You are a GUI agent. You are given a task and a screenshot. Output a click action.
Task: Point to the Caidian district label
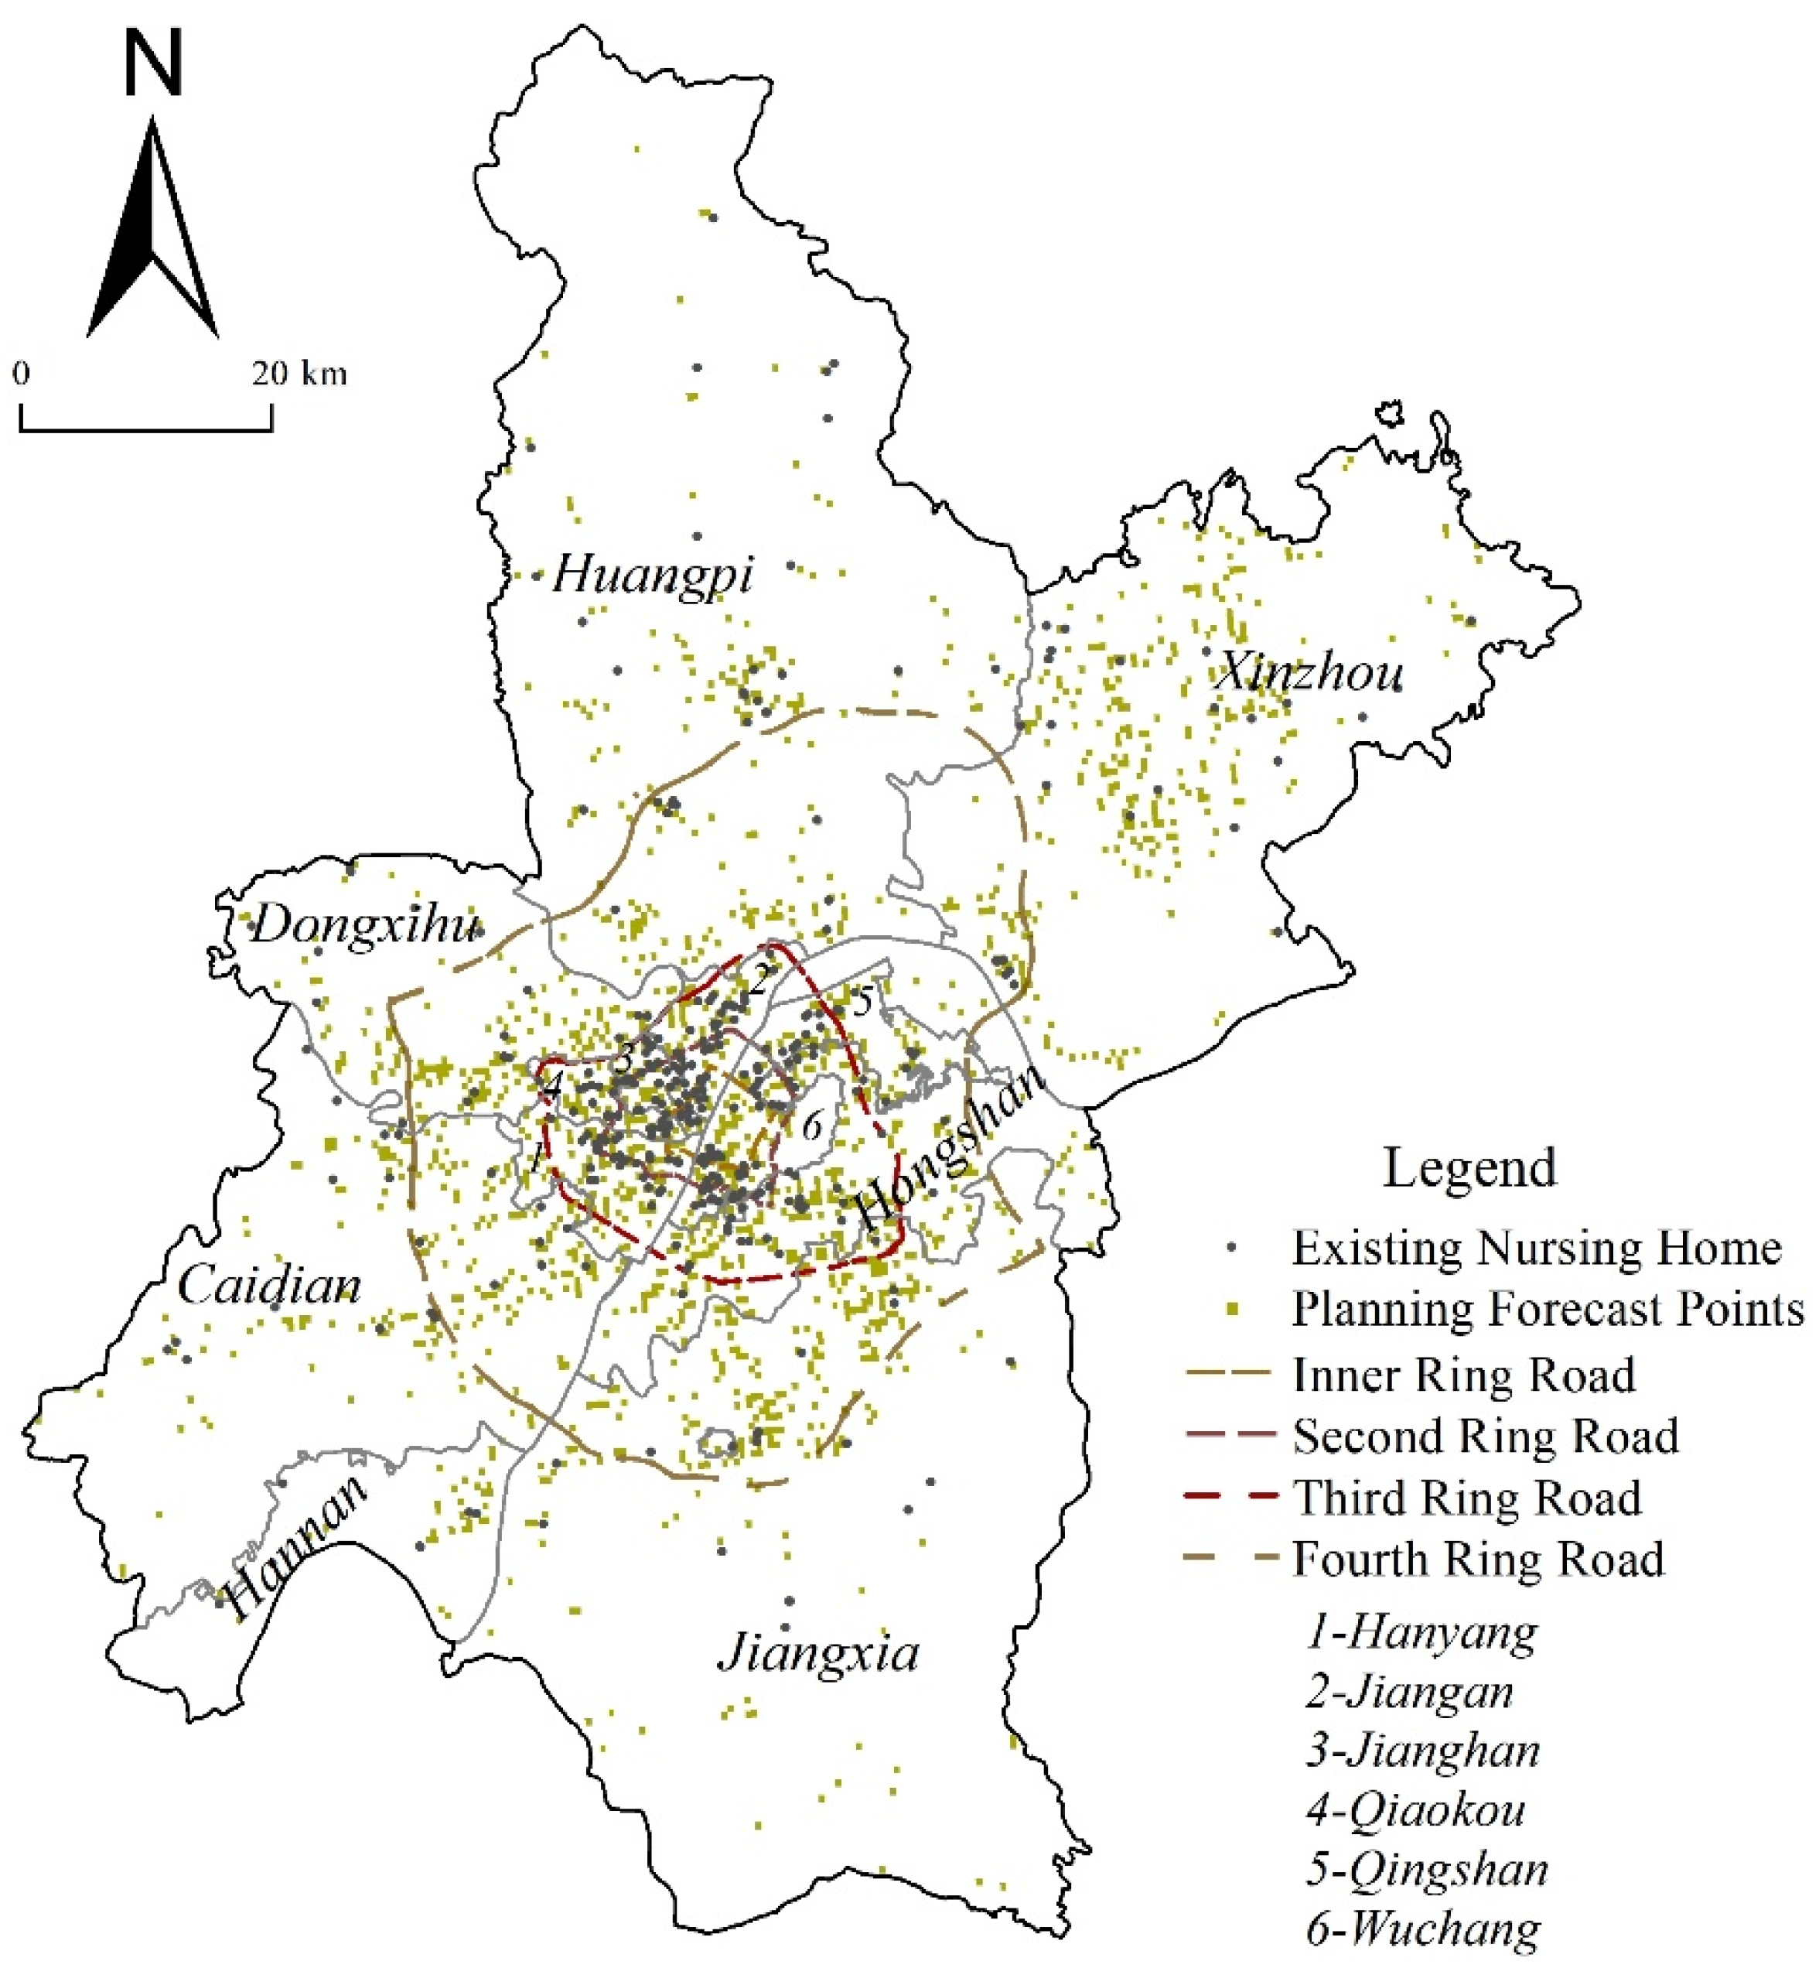268,1286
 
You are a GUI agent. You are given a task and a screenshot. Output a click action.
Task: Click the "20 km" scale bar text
299,374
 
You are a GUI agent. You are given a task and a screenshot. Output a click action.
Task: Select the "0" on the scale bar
21,374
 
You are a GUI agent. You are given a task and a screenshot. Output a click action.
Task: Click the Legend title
1469,1167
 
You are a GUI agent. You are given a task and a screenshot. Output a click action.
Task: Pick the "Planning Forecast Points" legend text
1548,1310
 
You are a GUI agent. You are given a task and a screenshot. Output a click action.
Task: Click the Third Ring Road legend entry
1466,1498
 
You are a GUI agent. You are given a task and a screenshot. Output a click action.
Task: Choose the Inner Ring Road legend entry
1464,1375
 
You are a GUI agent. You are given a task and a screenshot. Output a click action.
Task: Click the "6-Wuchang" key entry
1423,1928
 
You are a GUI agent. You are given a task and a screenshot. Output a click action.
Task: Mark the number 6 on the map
811,1126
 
